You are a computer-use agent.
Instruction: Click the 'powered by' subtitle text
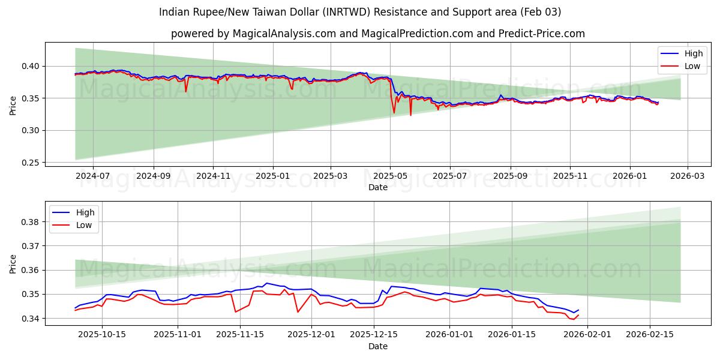[377, 34]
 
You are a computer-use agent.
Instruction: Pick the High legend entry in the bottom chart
[85, 212]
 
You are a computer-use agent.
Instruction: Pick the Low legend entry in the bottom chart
[84, 225]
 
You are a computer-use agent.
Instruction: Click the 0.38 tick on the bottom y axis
[30, 222]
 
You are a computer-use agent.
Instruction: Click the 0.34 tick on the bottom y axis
[30, 319]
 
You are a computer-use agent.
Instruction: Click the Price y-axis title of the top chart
[13, 104]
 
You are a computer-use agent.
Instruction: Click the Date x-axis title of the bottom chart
[377, 346]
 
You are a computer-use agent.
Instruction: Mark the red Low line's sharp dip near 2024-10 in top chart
[186, 91]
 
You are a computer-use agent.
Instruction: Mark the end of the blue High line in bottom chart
[578, 310]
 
